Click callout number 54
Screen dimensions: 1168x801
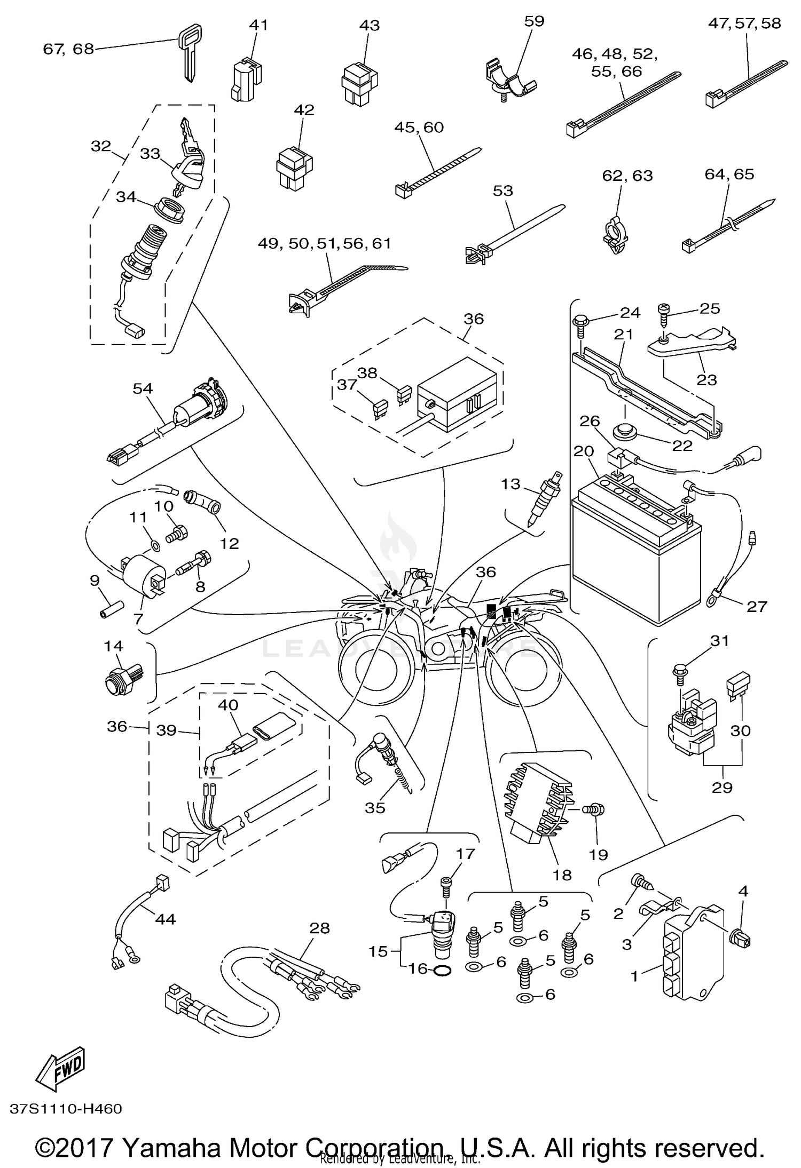143,388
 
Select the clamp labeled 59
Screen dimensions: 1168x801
510,81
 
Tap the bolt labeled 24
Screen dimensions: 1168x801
579,324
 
